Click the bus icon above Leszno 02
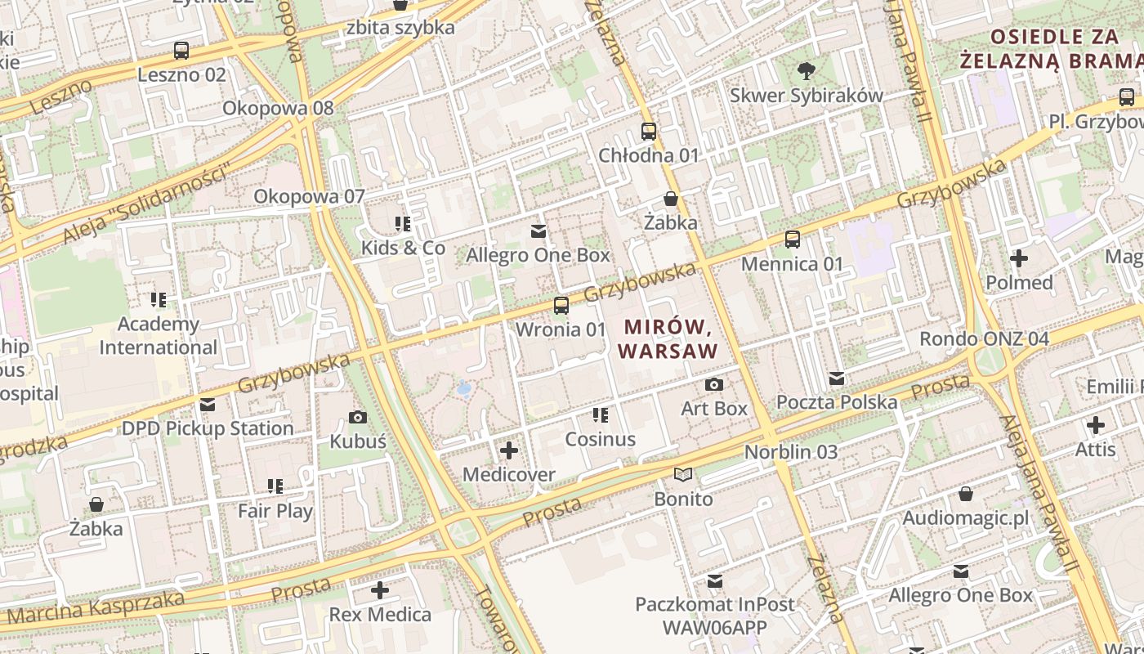[x=181, y=51]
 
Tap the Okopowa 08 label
[x=278, y=108]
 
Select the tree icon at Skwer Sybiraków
[x=807, y=71]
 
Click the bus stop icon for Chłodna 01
[x=649, y=131]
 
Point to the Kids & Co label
[x=404, y=248]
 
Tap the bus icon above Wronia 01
[x=561, y=306]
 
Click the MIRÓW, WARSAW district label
[x=668, y=339]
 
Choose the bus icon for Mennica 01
[x=792, y=240]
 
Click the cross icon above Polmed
[x=1019, y=258]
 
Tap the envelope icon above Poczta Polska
[x=837, y=379]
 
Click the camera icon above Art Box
[x=714, y=384]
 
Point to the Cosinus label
[x=601, y=439]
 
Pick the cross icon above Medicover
[x=509, y=450]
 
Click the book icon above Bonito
[x=683, y=475]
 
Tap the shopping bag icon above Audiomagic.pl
[x=965, y=494]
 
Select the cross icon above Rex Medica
[x=380, y=589]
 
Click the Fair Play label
[x=275, y=511]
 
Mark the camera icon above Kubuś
[x=357, y=418]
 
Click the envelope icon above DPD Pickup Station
[x=208, y=405]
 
